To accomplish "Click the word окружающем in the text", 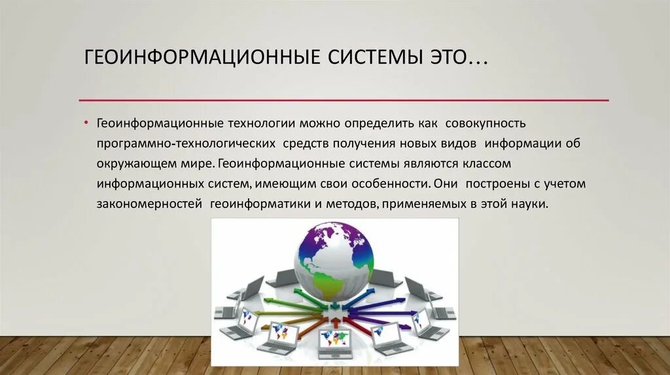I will pyautogui.click(x=128, y=163).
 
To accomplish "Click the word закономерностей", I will pyautogui.click(x=150, y=204).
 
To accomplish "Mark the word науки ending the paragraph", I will pyautogui.click(x=529, y=204).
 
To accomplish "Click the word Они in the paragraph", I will pyautogui.click(x=444, y=184).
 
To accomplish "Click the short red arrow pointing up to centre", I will pyautogui.click(x=335, y=320).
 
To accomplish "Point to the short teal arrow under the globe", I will pyautogui.click(x=334, y=304).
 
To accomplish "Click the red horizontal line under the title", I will pyautogui.click(x=344, y=100).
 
